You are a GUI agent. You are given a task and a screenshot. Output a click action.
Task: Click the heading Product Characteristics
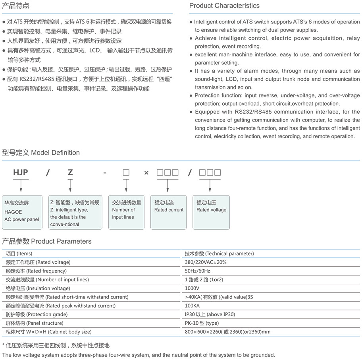click(x=224, y=6)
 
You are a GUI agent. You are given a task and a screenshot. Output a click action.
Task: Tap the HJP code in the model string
click(x=21, y=172)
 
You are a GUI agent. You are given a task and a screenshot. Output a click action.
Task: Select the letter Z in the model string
click(x=70, y=172)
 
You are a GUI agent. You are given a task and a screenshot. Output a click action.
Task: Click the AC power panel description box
click(x=22, y=212)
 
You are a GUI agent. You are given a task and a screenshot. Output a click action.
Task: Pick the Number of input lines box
click(x=126, y=212)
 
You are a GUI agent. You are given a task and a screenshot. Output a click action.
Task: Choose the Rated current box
click(x=169, y=212)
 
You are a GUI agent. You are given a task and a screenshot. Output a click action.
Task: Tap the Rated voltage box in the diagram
click(x=211, y=212)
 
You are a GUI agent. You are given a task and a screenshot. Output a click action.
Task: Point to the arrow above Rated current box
click(x=168, y=186)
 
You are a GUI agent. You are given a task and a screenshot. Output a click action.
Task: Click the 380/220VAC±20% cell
click(x=206, y=262)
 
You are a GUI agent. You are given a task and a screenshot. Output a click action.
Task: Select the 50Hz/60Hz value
click(x=198, y=271)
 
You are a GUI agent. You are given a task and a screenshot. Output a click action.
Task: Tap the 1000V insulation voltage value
click(x=192, y=288)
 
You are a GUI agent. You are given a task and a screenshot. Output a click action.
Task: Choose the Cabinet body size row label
click(x=49, y=332)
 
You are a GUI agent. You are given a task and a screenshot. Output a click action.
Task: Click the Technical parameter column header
click(x=219, y=254)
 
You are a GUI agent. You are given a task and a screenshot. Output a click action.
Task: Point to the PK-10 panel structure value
click(x=202, y=323)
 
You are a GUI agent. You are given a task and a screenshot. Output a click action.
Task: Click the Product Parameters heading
click(x=47, y=241)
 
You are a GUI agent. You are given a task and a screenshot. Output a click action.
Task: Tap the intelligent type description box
click(x=75, y=212)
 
